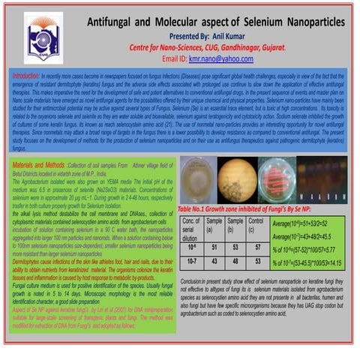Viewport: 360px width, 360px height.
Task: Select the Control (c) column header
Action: (x=256, y=226)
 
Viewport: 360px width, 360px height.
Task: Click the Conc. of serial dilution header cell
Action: (x=191, y=230)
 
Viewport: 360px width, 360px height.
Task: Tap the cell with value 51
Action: (x=214, y=246)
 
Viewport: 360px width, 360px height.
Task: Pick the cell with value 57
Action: (x=257, y=246)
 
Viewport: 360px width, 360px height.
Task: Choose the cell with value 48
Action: (x=235, y=261)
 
